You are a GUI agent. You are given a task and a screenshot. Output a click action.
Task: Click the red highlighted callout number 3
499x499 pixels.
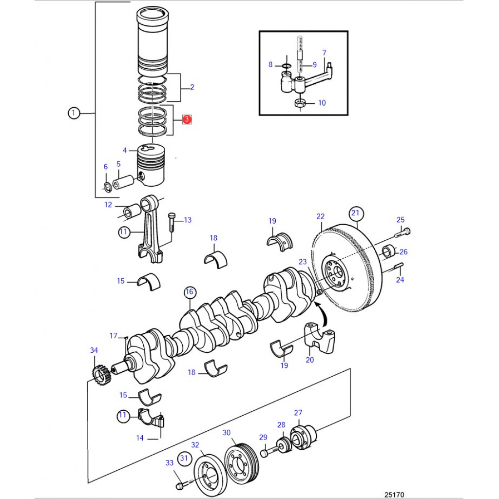click(x=187, y=120)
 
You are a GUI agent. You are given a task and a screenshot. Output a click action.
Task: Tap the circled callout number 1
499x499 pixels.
click(x=74, y=113)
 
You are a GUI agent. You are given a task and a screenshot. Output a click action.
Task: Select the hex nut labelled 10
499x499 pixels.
click(x=300, y=103)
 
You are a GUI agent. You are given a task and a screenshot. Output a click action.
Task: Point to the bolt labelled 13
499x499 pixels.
click(x=171, y=222)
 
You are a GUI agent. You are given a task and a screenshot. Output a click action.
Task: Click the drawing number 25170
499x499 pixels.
click(x=394, y=495)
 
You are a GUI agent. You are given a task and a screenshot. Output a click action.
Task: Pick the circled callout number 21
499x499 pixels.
click(x=355, y=213)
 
